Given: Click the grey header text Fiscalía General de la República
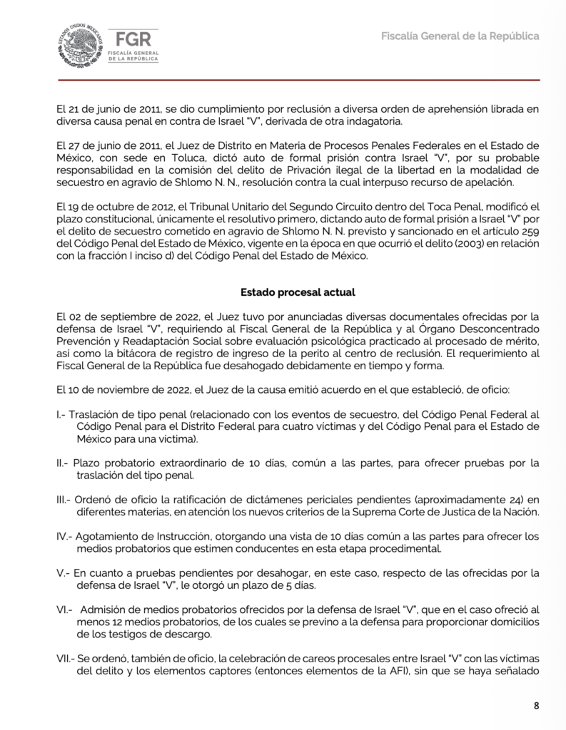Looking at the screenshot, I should coord(460,36).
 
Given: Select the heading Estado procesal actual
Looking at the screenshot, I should coord(297,292).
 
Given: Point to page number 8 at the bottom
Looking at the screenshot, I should coord(536,706).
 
